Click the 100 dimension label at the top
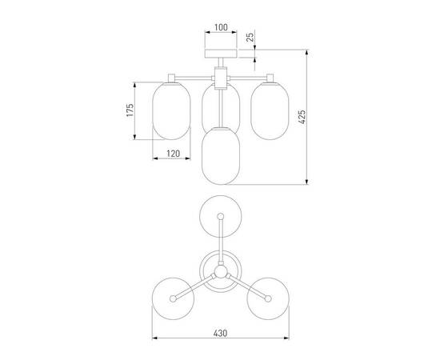point(221,27)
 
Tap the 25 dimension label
point(250,37)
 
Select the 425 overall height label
point(302,117)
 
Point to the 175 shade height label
point(130,110)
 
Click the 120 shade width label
point(173,154)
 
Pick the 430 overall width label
point(220,334)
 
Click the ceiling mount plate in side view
point(221,54)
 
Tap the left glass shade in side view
point(171,110)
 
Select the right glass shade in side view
point(270,110)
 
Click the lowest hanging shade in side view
point(221,156)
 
